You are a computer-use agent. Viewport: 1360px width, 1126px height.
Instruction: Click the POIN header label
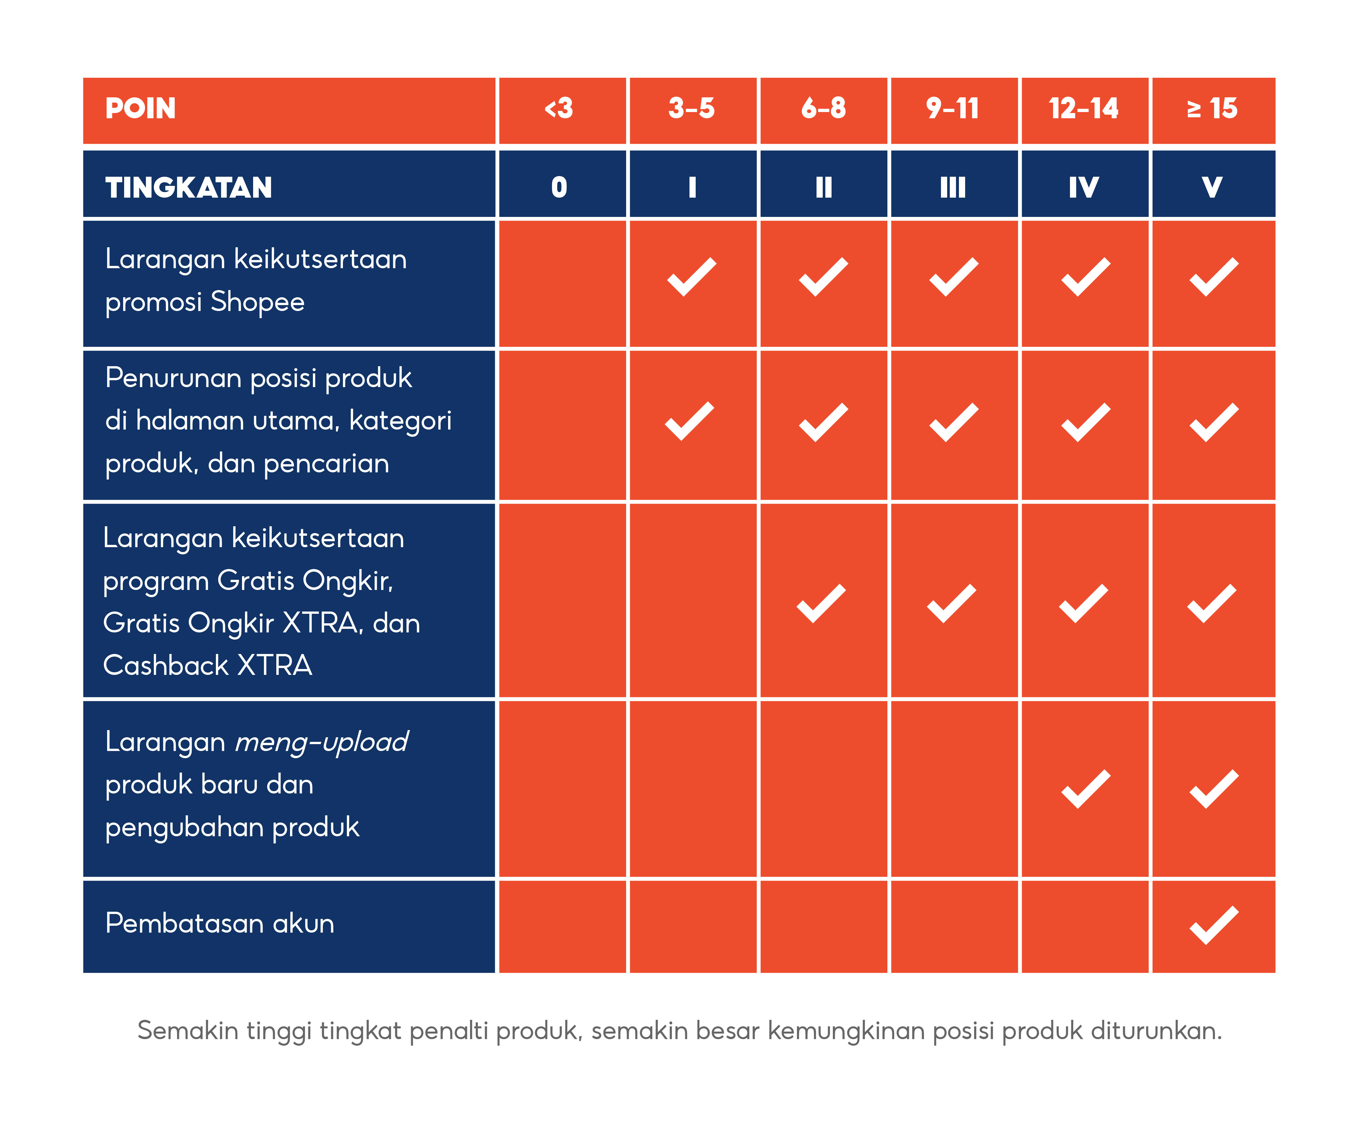click(x=140, y=108)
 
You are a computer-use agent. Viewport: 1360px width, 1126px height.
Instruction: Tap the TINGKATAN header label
click(x=188, y=188)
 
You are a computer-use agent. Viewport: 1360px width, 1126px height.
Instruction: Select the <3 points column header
click(x=559, y=108)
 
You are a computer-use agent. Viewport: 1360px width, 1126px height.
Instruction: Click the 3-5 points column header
click(x=692, y=108)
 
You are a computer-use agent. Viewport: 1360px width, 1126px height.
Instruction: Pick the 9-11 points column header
click(x=953, y=108)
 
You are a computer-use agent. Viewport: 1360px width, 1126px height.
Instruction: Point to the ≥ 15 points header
click(x=1212, y=108)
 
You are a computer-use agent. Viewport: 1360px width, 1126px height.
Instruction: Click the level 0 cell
click(x=559, y=188)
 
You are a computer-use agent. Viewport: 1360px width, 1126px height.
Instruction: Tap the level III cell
click(x=953, y=188)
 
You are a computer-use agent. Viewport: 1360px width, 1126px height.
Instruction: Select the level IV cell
click(x=1083, y=188)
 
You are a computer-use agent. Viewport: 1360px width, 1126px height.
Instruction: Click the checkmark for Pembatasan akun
click(x=1214, y=925)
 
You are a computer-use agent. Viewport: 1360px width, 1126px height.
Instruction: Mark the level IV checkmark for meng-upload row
click(x=1085, y=789)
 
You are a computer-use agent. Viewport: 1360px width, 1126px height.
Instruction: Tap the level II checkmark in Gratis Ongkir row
click(x=821, y=604)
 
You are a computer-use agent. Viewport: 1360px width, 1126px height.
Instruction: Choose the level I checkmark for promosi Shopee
click(x=692, y=277)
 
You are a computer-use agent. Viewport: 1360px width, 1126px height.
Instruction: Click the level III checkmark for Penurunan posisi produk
click(x=953, y=422)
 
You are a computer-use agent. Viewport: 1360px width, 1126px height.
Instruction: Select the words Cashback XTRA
click(x=207, y=665)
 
